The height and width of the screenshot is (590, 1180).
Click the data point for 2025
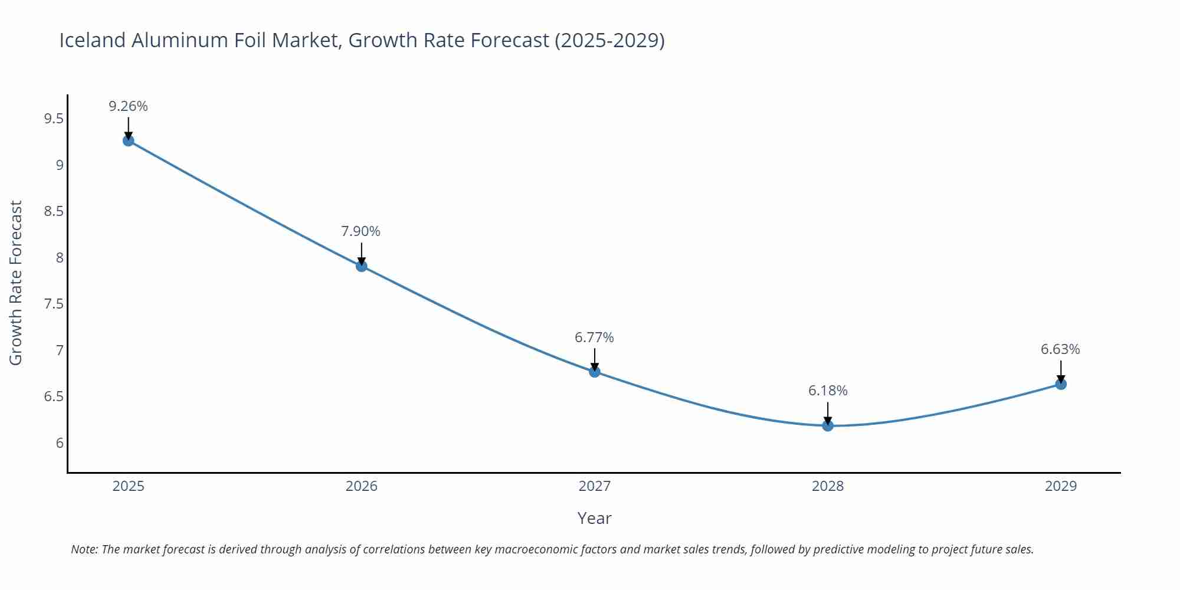click(x=128, y=140)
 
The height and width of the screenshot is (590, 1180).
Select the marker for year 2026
click(x=362, y=266)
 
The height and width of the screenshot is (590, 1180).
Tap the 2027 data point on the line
click(x=595, y=372)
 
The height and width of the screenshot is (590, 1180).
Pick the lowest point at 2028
click(x=828, y=425)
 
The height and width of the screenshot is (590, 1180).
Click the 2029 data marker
click(x=1061, y=384)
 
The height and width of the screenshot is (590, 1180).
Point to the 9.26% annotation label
click(x=128, y=106)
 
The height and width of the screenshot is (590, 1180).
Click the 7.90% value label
click(x=361, y=231)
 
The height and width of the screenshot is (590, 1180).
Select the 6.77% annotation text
click(x=594, y=337)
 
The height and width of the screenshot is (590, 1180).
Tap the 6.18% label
click(x=828, y=391)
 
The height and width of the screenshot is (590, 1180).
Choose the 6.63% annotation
click(x=1060, y=349)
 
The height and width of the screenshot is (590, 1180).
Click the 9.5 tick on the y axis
click(x=54, y=119)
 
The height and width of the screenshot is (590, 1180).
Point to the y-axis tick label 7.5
click(x=54, y=304)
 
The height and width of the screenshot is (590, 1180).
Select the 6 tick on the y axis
click(x=60, y=443)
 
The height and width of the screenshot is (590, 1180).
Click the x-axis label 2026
click(x=361, y=486)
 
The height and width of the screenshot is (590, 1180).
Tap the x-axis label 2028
click(x=828, y=486)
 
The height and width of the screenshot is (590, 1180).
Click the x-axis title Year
click(x=594, y=518)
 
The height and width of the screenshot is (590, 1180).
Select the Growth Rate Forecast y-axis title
click(x=16, y=283)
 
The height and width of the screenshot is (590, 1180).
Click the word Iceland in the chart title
click(x=93, y=40)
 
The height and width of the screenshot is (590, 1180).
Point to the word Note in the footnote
click(x=84, y=549)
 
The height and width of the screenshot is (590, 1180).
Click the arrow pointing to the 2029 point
click(x=1061, y=371)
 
